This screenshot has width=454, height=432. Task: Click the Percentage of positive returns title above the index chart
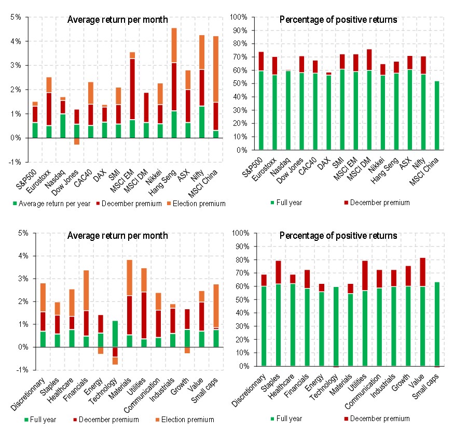(x=338, y=20)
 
